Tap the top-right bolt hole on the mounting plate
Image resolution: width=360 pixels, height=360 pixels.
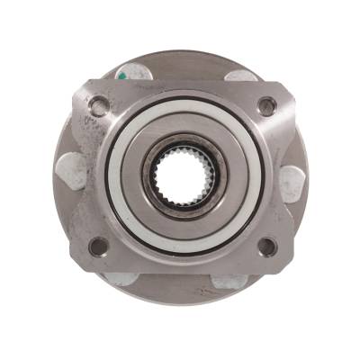[265, 104]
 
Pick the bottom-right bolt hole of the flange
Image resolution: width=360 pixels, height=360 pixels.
[266, 245]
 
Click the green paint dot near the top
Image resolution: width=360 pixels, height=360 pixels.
[121, 77]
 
